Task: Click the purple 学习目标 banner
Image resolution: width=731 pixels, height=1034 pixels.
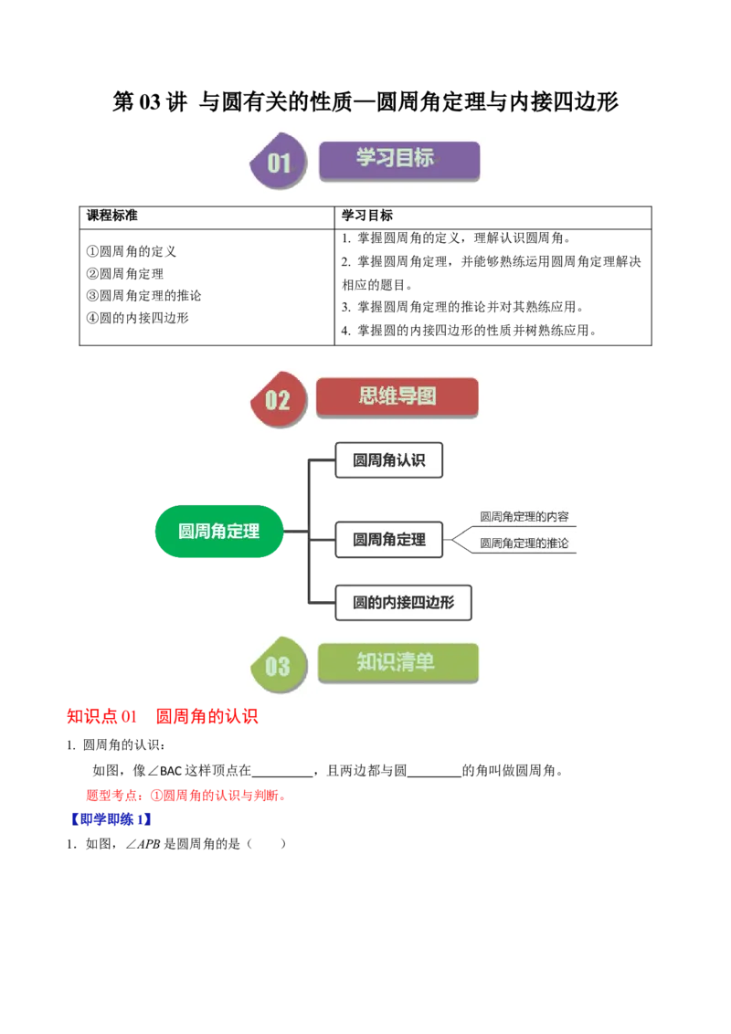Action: point(398,160)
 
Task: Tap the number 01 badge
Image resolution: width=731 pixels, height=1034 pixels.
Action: point(278,163)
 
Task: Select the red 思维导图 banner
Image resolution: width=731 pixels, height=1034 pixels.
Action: point(397,397)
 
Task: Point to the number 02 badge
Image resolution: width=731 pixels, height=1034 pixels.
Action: point(277,400)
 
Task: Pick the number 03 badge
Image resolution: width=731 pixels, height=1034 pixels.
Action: point(277,666)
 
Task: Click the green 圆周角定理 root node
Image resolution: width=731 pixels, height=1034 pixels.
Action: point(219,531)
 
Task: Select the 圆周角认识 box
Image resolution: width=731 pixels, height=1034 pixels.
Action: point(388,460)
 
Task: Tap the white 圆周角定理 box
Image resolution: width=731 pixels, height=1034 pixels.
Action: point(388,540)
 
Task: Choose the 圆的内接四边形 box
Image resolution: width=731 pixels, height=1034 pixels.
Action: point(403,604)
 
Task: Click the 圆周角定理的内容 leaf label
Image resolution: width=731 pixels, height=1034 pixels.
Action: point(524,517)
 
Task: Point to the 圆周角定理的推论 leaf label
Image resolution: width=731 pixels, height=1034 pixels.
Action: point(524,543)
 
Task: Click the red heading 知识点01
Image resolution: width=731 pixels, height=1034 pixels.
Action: point(101,718)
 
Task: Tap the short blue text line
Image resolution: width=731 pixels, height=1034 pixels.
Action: point(111,819)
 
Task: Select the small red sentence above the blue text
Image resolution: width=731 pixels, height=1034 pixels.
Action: point(183,796)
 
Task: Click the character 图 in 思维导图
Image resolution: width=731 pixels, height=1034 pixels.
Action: point(425,396)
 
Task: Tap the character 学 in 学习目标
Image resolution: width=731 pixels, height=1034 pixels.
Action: point(366,158)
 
